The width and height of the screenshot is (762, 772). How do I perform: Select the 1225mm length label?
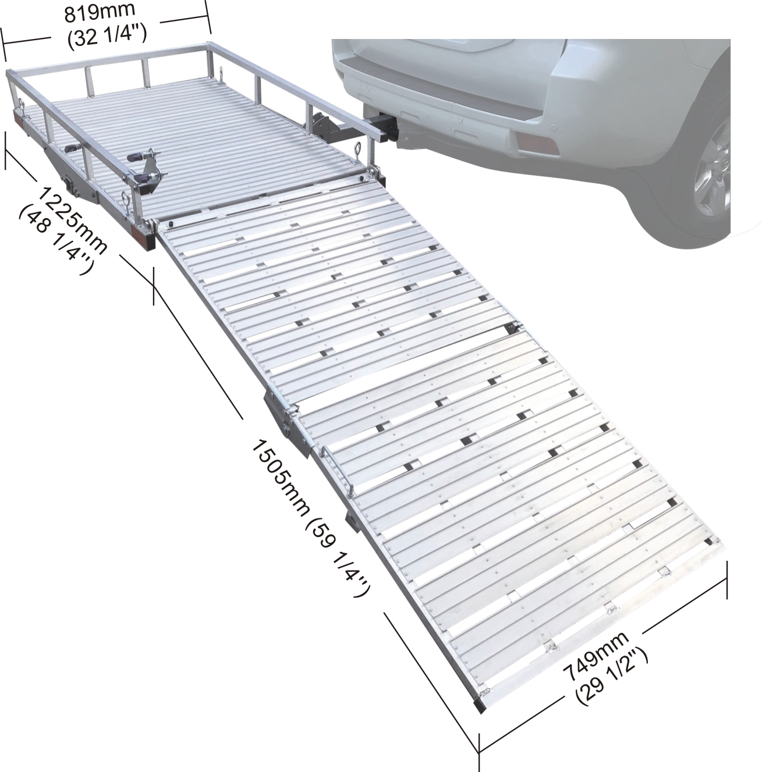[x=72, y=220]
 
